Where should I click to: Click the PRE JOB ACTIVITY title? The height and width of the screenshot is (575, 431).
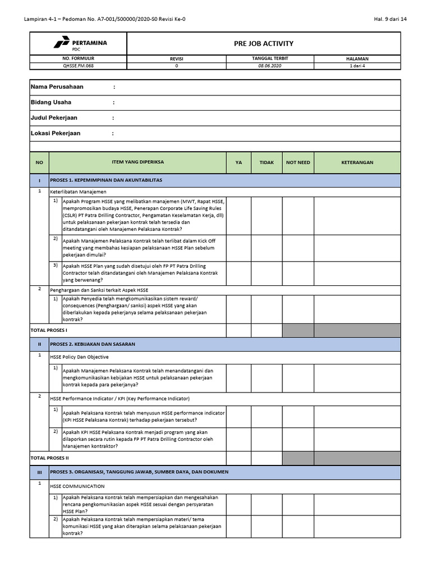263,44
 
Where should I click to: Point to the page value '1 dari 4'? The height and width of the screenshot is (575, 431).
356,66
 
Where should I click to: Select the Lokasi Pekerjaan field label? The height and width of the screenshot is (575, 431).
56,133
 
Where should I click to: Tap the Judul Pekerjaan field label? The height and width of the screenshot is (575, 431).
54,118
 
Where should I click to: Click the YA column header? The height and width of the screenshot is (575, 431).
239,162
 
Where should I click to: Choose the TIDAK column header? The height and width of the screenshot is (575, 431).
267,162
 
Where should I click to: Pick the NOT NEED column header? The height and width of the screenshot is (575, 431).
298,162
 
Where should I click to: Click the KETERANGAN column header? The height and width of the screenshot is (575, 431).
357,162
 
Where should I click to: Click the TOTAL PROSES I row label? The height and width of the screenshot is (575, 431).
48,330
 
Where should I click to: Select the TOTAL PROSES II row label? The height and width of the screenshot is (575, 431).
49,458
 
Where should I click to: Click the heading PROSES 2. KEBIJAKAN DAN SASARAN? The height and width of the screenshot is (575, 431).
93,344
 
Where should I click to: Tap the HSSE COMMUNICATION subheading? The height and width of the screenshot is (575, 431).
77,486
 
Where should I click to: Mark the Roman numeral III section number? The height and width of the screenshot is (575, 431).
39,472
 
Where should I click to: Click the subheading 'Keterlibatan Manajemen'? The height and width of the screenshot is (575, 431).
78,191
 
